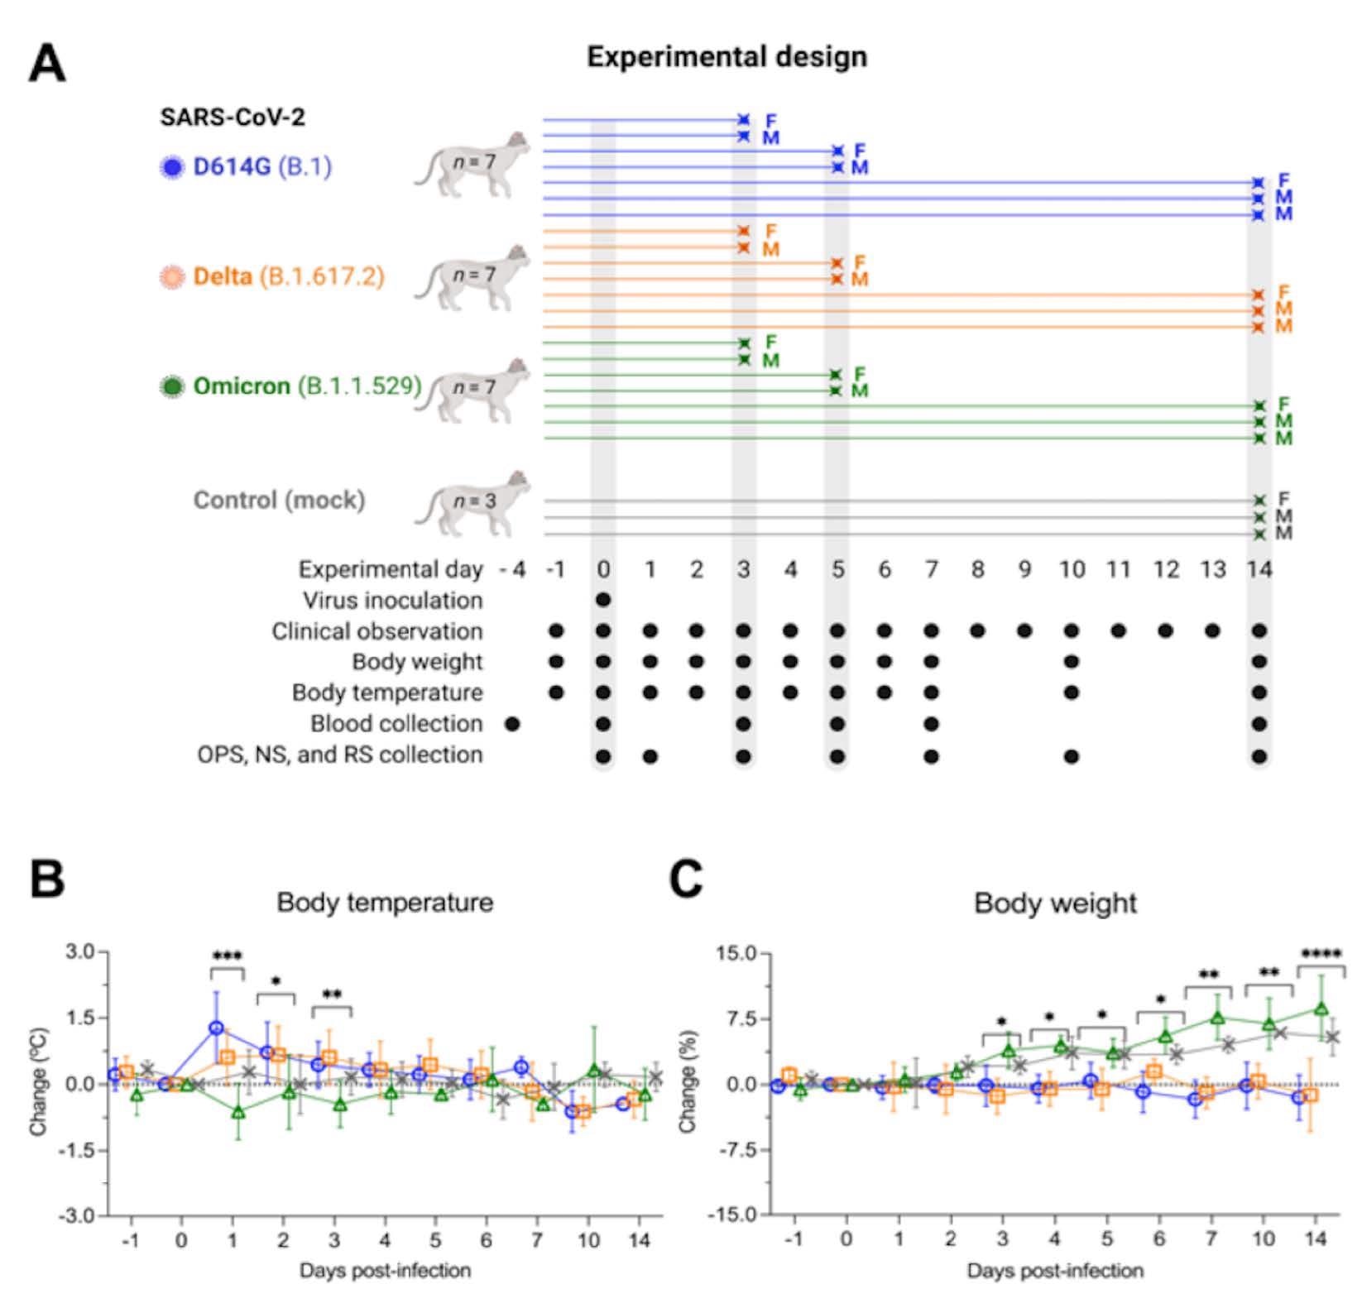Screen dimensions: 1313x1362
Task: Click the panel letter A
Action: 47,64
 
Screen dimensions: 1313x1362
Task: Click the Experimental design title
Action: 727,57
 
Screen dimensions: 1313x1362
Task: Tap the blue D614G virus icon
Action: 172,168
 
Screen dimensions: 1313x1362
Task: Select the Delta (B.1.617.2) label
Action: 288,276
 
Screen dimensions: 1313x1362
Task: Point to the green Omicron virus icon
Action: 172,386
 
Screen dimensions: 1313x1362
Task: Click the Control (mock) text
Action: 279,500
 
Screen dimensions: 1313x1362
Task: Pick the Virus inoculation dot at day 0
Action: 603,600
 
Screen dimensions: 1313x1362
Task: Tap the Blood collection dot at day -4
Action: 512,724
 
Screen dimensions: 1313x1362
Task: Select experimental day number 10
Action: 1072,569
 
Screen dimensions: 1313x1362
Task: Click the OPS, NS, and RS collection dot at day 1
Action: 650,756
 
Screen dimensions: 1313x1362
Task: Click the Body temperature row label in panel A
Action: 387,692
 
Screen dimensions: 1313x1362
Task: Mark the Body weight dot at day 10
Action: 1072,662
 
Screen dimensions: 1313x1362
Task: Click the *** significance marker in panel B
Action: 227,956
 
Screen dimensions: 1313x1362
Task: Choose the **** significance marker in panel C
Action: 1321,954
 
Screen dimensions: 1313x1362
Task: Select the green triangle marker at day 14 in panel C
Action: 1321,1009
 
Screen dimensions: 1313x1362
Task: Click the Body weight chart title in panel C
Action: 1055,903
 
